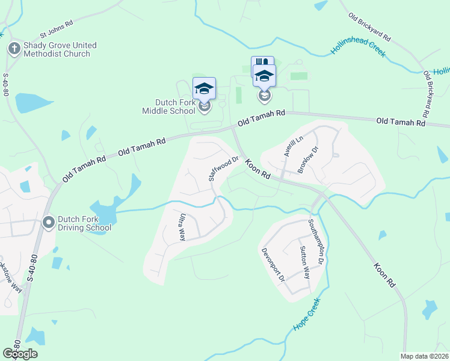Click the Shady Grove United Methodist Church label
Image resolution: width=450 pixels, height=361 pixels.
[x=60, y=50]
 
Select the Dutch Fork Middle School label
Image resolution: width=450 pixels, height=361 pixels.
[x=168, y=106]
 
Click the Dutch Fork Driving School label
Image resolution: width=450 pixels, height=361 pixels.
[x=84, y=224]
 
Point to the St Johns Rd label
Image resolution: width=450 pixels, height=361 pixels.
[x=56, y=28]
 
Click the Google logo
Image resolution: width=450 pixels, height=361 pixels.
[x=20, y=353]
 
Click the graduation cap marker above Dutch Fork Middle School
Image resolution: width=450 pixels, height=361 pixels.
[x=204, y=88]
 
